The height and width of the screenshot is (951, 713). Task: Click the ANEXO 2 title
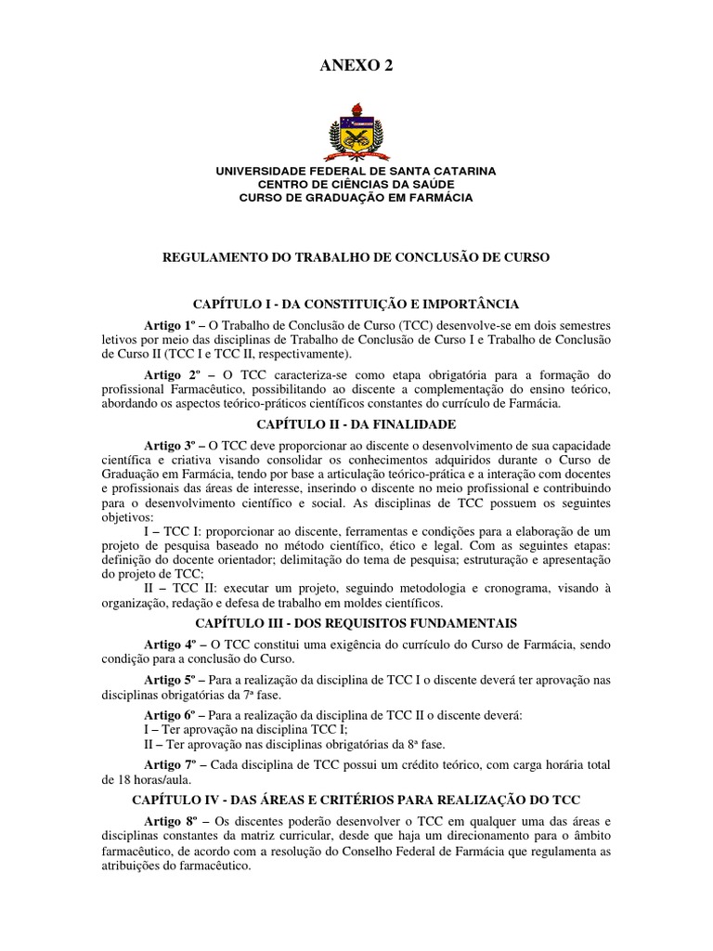[x=356, y=64]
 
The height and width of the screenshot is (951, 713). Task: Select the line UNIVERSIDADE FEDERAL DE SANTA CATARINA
[x=356, y=171]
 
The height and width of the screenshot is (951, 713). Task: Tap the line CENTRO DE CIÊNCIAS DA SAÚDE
[x=356, y=184]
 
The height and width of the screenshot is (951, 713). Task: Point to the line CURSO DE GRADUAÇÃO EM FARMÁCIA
[x=356, y=198]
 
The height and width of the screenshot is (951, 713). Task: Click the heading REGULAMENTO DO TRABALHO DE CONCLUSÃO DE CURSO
[x=356, y=256]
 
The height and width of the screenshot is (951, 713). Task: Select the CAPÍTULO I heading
[x=356, y=304]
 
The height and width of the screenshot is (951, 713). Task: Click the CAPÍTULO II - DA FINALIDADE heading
[x=356, y=423]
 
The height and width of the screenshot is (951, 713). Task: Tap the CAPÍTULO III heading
[x=356, y=622]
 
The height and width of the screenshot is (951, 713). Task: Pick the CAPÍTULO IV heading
[x=356, y=799]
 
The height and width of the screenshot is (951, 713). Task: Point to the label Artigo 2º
[x=175, y=373]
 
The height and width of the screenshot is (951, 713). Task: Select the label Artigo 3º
[x=174, y=446]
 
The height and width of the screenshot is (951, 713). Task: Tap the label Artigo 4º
[x=174, y=645]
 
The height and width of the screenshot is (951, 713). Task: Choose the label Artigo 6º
[x=174, y=716]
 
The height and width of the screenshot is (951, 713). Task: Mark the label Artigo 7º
[x=175, y=764]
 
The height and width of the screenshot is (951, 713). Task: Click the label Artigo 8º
[x=175, y=821]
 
